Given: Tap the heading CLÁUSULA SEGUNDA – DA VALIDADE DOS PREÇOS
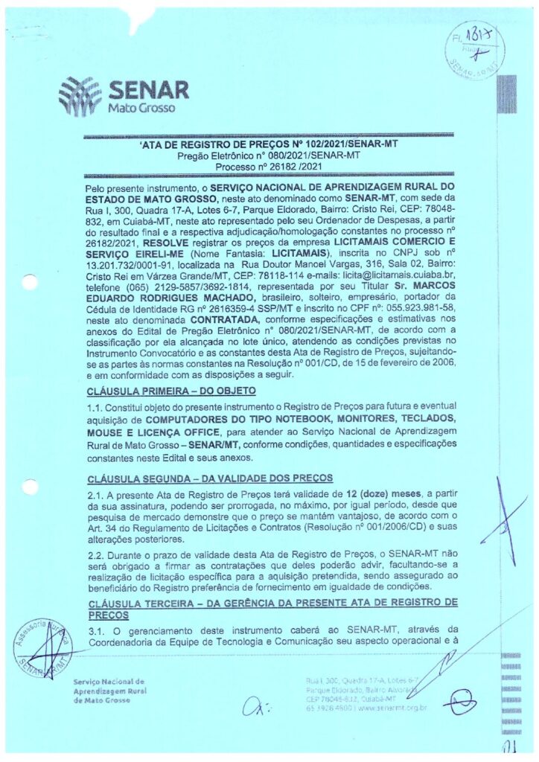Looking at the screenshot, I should tap(208, 478).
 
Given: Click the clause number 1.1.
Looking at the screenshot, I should tap(95, 408).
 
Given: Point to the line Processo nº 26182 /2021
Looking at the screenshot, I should tap(269, 167).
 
